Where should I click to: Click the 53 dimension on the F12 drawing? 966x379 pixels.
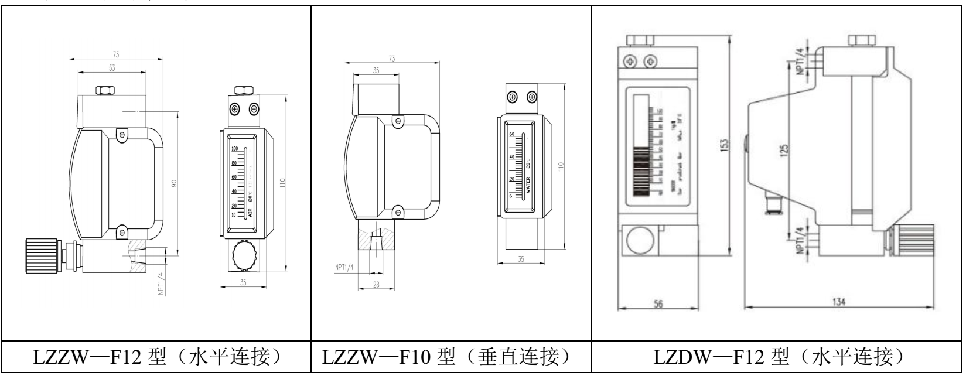pos(112,68)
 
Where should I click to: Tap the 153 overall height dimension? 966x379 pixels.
pos(725,144)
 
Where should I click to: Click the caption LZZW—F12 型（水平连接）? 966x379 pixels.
pos(155,357)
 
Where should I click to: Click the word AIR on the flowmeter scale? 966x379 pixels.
pos(250,213)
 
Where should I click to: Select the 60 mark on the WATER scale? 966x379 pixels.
pos(511,134)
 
